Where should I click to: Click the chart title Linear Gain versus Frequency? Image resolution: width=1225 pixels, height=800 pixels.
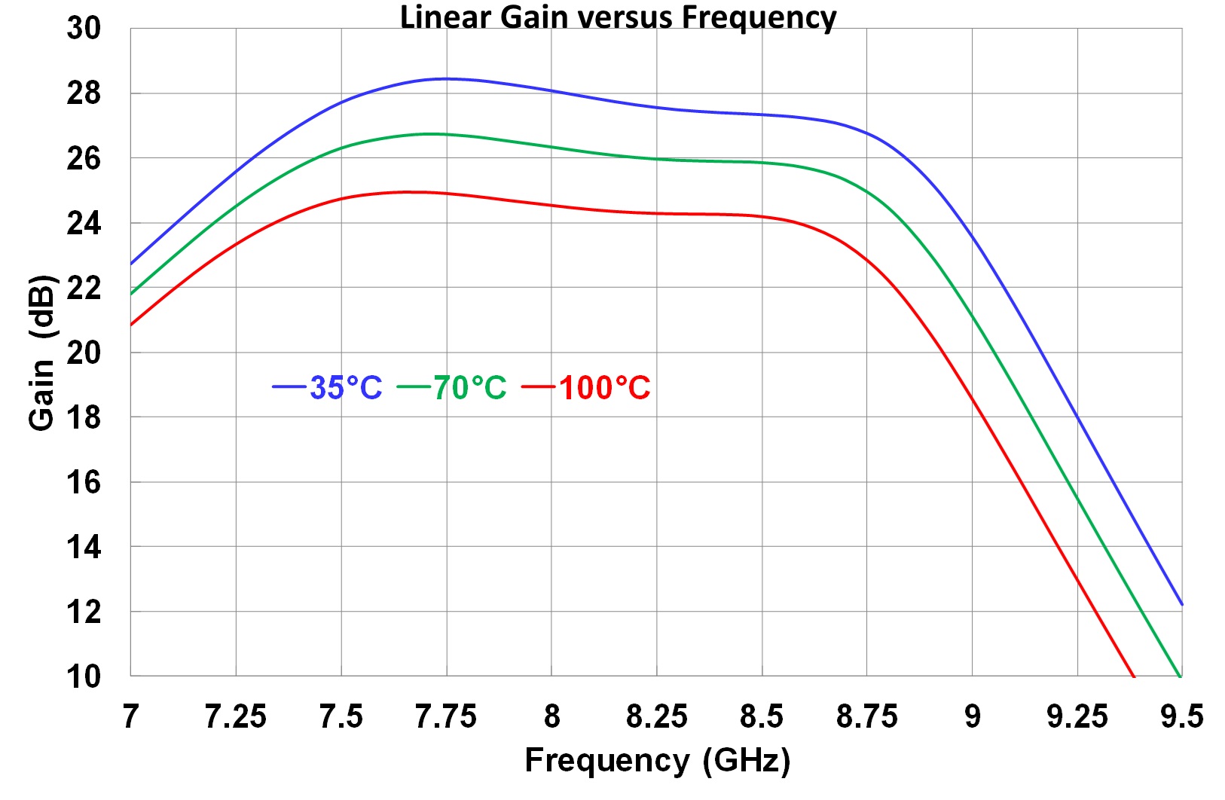coord(618,17)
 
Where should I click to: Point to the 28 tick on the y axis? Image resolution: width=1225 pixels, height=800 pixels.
coord(84,93)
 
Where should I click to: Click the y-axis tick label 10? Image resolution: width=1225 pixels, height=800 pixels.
coord(84,676)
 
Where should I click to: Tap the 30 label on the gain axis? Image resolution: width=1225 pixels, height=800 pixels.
coord(84,29)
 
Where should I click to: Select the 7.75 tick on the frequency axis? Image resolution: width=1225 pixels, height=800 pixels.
coord(446,716)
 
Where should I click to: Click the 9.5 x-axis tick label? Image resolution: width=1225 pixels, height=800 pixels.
coord(1181,716)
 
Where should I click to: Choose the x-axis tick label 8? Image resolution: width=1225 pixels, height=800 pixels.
coord(551,716)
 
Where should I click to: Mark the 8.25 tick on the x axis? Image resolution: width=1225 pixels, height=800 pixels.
coord(656,716)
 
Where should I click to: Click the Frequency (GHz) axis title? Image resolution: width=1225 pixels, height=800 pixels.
coord(657,760)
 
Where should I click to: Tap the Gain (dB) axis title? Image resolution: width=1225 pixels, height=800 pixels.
coord(42,353)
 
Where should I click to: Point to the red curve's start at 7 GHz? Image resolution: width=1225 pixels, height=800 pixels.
coord(132,324)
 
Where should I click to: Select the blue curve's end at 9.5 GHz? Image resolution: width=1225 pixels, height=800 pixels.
coord(1181,603)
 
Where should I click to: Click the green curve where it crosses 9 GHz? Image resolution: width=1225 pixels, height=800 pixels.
coord(972,316)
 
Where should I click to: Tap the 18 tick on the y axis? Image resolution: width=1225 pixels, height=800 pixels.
coord(84,417)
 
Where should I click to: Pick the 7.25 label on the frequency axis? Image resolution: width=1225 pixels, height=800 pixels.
coord(236,716)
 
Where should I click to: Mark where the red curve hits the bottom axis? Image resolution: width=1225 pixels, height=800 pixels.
coord(1133,675)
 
